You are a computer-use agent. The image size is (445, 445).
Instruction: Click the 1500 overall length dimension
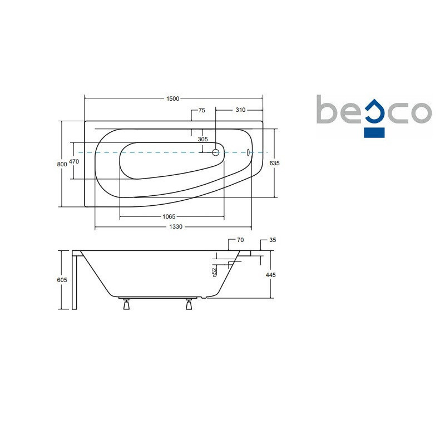[x=173, y=98]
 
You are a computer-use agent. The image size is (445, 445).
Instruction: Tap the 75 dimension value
[x=201, y=110]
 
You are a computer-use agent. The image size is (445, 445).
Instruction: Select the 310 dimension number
[x=240, y=110]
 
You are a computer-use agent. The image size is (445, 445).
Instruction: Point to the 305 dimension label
[x=202, y=139]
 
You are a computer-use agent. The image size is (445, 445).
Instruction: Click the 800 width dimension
[x=62, y=164]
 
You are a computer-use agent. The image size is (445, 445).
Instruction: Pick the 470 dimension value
[x=74, y=161]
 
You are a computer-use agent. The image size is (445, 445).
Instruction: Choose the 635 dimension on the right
[x=274, y=163]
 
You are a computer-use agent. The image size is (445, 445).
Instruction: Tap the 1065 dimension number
[x=169, y=216]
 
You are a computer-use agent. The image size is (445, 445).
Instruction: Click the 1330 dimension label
[x=176, y=226]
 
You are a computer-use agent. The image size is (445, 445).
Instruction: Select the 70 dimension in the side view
[x=240, y=240]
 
